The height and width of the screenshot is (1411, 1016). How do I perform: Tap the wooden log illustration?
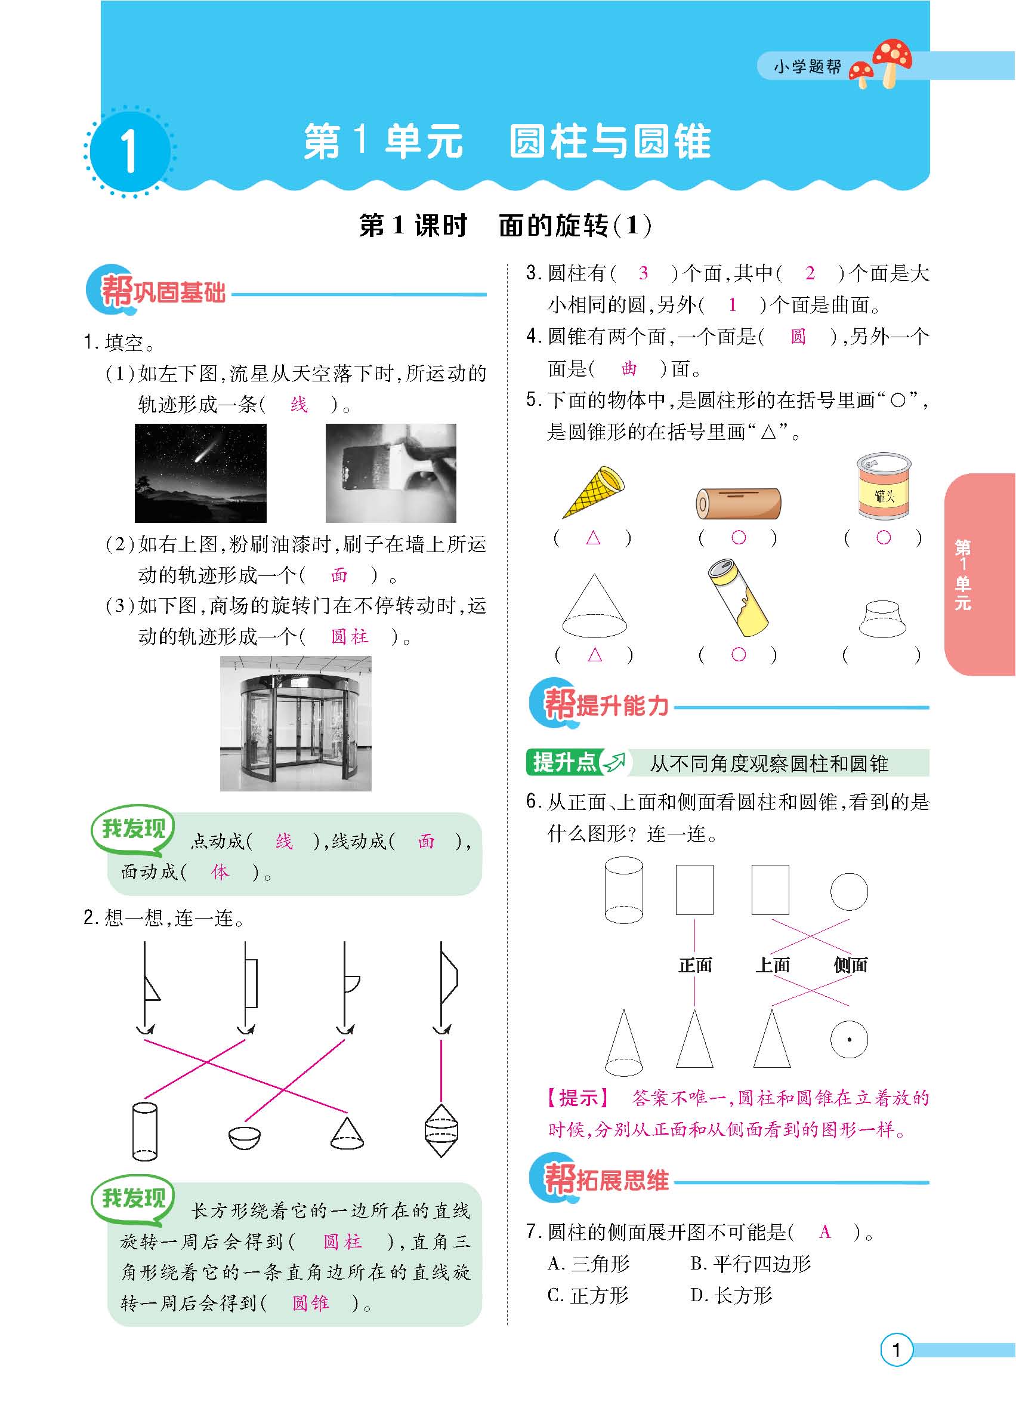[x=738, y=503]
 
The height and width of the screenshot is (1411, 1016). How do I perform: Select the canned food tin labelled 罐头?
[x=884, y=486]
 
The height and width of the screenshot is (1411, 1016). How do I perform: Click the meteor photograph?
[x=200, y=473]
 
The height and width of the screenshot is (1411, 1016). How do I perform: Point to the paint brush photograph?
[x=391, y=473]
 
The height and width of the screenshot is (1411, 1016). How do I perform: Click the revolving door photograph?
[x=295, y=723]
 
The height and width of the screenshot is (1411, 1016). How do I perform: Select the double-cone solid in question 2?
[x=441, y=1130]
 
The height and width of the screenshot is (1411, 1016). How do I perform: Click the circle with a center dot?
[x=849, y=1039]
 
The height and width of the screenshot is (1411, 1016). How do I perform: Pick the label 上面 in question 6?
[x=772, y=965]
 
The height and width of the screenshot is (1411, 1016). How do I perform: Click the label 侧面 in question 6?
[x=850, y=965]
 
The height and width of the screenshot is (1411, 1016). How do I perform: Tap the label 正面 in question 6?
[x=694, y=965]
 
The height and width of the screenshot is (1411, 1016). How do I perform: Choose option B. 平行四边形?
[x=751, y=1264]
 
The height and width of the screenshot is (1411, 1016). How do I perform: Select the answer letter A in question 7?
[x=825, y=1232]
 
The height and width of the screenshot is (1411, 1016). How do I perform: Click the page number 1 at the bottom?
[x=896, y=1367]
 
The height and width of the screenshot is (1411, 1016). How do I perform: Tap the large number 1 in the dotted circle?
[x=129, y=150]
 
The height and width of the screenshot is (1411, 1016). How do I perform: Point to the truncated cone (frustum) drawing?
[x=882, y=619]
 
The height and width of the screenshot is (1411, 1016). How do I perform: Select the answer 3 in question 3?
[x=644, y=273]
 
